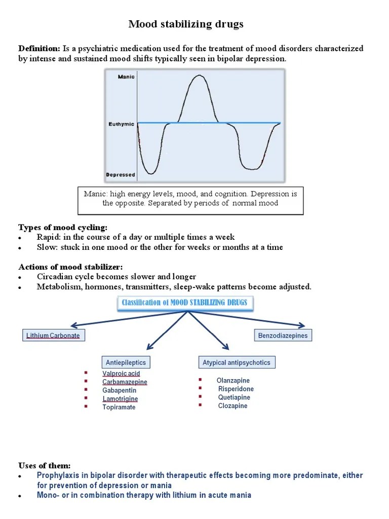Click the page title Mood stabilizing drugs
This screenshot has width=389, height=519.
coord(186,24)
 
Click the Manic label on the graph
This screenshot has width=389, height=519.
coord(126,77)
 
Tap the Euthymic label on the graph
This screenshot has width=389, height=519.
coord(122,124)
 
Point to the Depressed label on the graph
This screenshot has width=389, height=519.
coord(121,175)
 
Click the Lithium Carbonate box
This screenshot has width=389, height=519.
coord(53,335)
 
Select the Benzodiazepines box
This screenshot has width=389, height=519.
coord(283,335)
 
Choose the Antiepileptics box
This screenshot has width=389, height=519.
coord(126,362)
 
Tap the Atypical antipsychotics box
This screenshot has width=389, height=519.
coord(237,362)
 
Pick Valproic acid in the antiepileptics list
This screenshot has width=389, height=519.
coord(121,374)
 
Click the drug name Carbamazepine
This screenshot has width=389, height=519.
coord(125,382)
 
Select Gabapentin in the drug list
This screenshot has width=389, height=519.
coord(119,390)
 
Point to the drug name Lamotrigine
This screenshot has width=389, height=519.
coord(120,399)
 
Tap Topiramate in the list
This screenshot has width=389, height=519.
coord(119,407)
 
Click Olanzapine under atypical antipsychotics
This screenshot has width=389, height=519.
coord(233,381)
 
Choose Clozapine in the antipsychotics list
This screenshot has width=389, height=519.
coord(233,406)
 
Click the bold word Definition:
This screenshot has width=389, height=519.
coord(40,49)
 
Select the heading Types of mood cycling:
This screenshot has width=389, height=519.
coord(63,227)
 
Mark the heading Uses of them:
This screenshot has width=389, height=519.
coord(45,465)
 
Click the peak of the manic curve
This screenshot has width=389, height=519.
coord(198,76)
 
